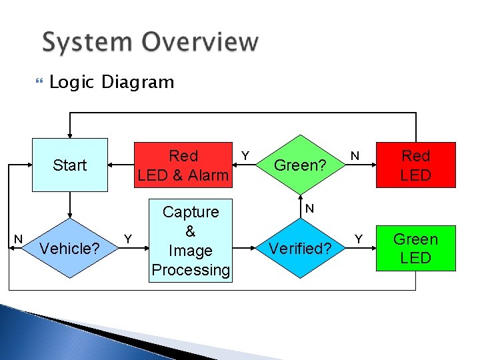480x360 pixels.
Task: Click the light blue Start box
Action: pos(70,165)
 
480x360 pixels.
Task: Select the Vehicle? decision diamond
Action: pos(70,249)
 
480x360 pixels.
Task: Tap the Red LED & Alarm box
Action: pos(183,165)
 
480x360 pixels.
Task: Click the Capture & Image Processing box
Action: pos(190,241)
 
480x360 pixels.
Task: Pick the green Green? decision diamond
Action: pos(300,165)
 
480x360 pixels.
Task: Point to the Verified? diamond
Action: pos(300,249)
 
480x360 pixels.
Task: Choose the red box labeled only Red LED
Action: pos(415,165)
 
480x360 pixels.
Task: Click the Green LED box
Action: pos(415,249)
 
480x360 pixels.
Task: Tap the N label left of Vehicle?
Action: pos(19,239)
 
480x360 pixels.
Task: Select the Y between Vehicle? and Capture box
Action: pos(128,238)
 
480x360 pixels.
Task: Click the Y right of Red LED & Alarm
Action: pos(245,155)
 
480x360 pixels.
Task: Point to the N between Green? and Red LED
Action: pos(356,155)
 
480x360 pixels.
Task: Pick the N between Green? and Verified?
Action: pos(309,209)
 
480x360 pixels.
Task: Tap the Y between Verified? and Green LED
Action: pos(358,238)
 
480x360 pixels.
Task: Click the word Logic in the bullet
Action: pos(73,83)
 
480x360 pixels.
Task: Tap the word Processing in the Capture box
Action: pos(190,270)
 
